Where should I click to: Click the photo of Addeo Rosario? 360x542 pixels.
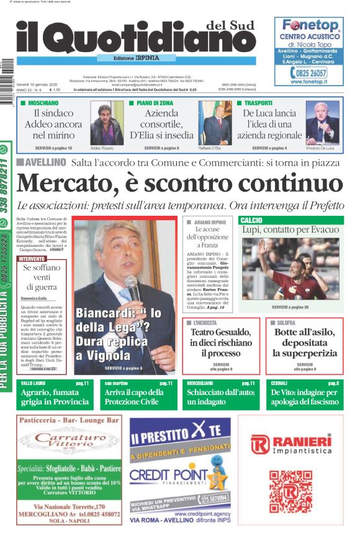tap(107, 123)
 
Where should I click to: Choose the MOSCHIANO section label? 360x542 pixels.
tap(43, 102)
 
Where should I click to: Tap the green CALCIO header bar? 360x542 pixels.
tap(291, 220)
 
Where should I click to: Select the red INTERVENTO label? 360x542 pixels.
tap(32, 259)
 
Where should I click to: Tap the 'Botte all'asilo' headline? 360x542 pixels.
tap(305, 342)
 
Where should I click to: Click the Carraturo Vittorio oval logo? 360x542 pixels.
tap(70, 442)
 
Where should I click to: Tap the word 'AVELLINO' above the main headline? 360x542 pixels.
tap(46, 162)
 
